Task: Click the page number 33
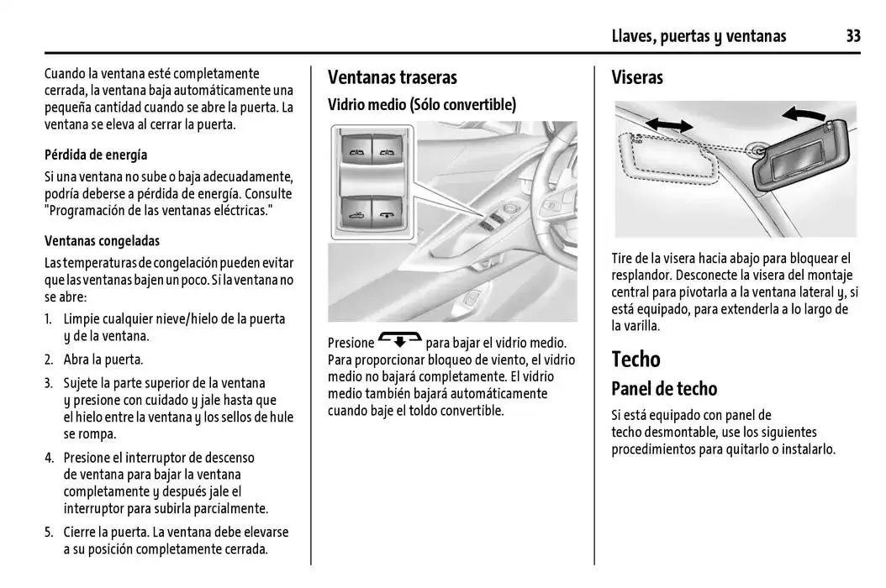click(852, 35)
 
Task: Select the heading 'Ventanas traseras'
click(392, 77)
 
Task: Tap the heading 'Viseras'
click(637, 77)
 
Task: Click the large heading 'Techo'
click(635, 359)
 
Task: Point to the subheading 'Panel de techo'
click(664, 389)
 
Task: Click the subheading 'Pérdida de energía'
click(96, 155)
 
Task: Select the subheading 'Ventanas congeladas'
click(102, 240)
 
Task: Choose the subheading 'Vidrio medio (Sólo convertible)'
click(421, 104)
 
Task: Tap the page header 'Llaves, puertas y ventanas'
click(699, 35)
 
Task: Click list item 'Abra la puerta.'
click(103, 360)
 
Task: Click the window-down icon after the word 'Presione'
click(400, 340)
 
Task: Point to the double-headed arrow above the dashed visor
click(669, 124)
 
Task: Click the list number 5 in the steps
click(49, 533)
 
